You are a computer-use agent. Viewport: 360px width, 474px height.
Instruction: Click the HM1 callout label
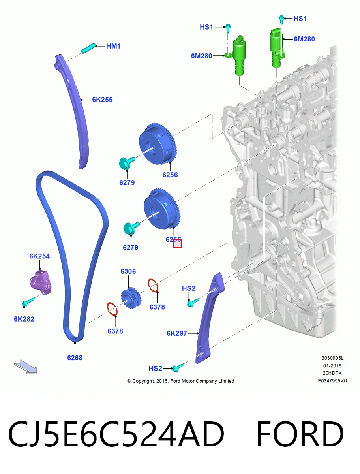click(113, 46)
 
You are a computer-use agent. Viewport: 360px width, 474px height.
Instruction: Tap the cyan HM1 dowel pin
click(88, 48)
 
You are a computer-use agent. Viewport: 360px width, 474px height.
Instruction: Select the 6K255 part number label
click(102, 100)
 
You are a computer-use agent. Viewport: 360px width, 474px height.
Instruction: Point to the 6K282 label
click(24, 319)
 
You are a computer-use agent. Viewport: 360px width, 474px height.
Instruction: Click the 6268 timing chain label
click(75, 358)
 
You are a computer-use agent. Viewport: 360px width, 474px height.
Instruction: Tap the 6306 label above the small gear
click(128, 271)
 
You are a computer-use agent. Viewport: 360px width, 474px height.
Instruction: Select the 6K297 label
click(177, 333)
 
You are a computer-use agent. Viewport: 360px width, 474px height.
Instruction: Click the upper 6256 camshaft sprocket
click(158, 144)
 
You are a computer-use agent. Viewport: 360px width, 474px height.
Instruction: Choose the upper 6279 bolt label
click(127, 183)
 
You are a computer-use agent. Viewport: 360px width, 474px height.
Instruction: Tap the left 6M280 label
click(201, 56)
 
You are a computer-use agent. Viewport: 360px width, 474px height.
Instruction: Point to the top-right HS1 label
click(300, 19)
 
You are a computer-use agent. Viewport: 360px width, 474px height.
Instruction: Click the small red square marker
click(177, 244)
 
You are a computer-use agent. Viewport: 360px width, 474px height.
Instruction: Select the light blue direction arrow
click(26, 367)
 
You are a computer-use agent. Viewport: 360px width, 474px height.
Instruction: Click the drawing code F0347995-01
click(332, 381)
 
